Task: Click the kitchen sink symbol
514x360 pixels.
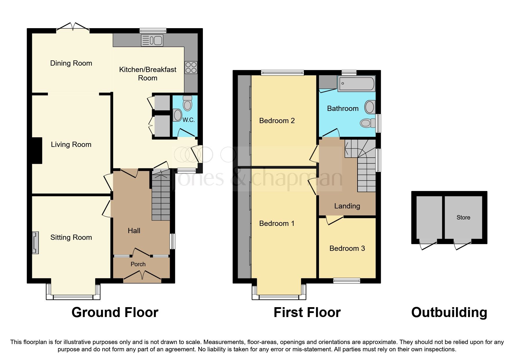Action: (152, 40)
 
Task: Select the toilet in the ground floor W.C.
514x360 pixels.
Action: (188, 103)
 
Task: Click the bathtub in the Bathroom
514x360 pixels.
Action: (356, 84)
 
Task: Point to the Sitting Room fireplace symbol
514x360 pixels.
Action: (35, 243)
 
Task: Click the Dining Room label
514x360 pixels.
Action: (71, 63)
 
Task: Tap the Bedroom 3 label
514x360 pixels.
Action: (347, 249)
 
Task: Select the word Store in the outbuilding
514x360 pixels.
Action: (463, 217)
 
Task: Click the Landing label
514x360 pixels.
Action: (347, 206)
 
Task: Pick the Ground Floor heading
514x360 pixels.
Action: (115, 313)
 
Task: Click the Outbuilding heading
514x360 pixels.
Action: (449, 313)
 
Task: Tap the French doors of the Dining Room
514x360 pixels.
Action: (73, 27)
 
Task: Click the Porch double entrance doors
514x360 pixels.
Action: (142, 276)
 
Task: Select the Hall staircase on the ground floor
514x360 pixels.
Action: (160, 197)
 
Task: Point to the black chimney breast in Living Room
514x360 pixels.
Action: (37, 150)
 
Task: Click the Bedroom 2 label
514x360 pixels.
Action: (277, 121)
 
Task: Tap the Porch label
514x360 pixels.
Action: (138, 264)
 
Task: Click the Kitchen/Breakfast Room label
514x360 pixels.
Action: (148, 74)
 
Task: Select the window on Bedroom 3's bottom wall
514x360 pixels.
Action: (347, 280)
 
